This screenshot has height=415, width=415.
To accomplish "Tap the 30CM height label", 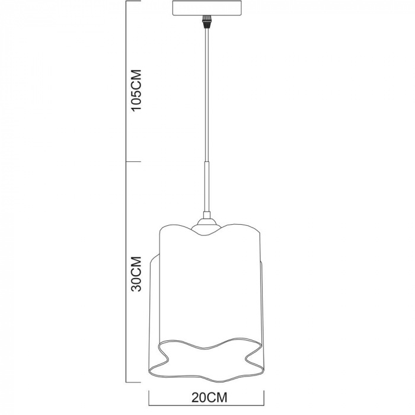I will [x=136, y=273].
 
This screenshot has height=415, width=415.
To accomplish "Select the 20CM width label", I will [x=205, y=395].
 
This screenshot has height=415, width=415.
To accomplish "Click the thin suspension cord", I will [x=207, y=95].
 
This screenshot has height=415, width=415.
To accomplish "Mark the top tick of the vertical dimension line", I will [x=127, y=2].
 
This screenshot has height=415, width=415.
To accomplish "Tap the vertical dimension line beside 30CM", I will [x=127, y=273].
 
